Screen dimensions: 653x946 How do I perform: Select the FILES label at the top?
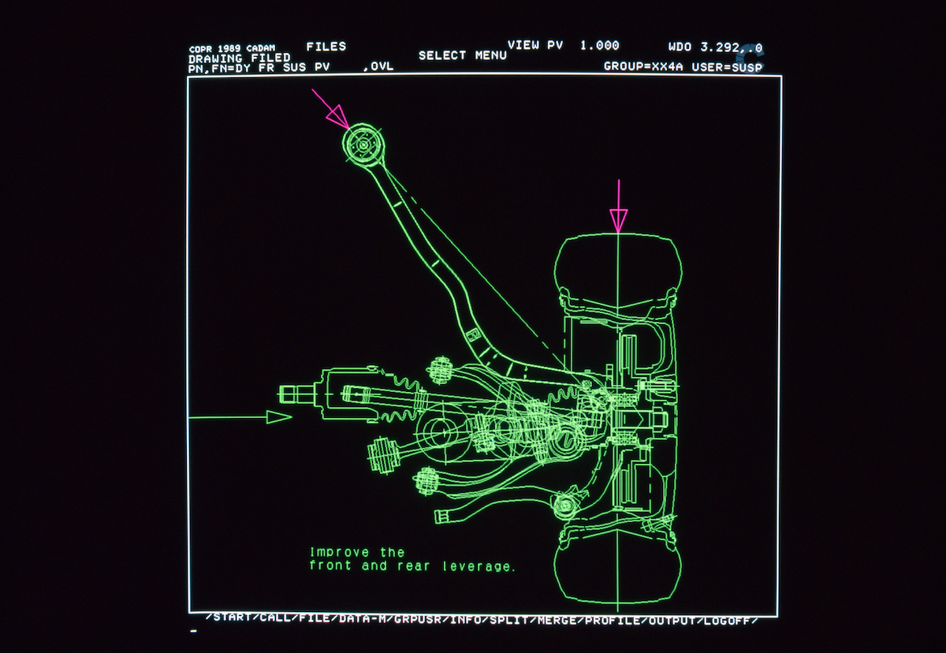tap(326, 47)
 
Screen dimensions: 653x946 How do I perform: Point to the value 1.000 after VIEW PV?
tap(599, 45)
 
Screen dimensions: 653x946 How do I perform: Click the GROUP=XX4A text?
tap(645, 66)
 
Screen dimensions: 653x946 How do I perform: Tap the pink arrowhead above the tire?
tap(619, 220)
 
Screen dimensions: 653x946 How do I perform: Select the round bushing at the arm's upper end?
tap(363, 144)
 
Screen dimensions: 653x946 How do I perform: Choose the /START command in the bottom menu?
tap(229, 618)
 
